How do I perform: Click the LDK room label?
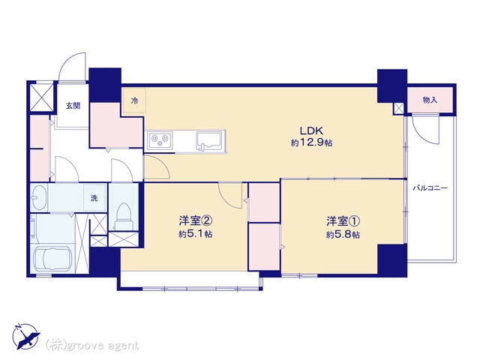(311, 130)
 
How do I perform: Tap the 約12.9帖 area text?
(312, 143)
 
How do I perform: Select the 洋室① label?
(343, 220)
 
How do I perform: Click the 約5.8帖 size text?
(343, 235)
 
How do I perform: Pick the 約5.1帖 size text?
(196, 234)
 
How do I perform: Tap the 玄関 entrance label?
(73, 106)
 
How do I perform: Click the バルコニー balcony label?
(430, 188)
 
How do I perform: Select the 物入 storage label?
(430, 100)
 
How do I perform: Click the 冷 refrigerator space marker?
(134, 100)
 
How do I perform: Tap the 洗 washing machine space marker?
(94, 198)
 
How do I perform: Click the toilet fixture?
(124, 216)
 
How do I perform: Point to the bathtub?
(52, 259)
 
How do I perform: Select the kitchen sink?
(209, 141)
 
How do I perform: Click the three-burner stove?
(160, 140)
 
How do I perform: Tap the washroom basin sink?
(39, 197)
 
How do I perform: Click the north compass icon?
(26, 337)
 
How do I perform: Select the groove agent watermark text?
(92, 346)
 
